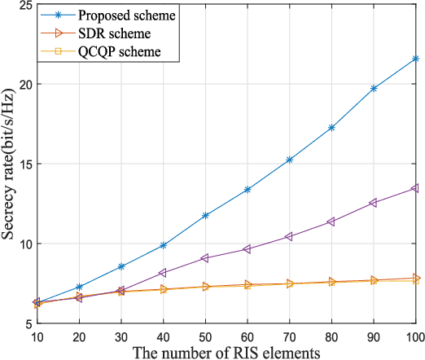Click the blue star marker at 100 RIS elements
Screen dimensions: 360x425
(x=416, y=59)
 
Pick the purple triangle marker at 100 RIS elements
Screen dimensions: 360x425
(x=416, y=188)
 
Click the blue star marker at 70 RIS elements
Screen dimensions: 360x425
(x=289, y=160)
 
